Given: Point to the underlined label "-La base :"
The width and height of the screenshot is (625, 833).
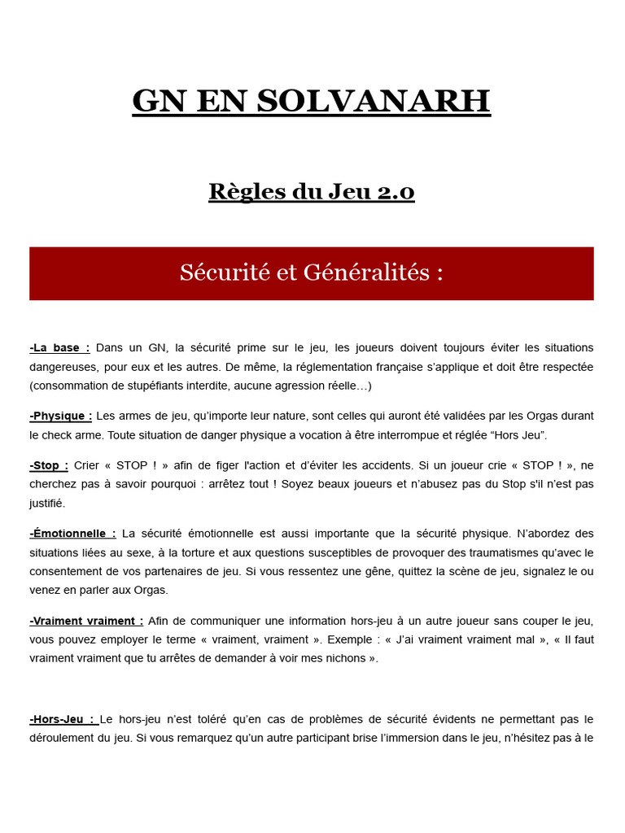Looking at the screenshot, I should coord(59,347).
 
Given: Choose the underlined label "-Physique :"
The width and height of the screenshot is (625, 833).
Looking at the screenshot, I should coord(61,416).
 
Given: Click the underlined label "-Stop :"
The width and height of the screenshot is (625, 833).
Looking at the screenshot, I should coord(49,464).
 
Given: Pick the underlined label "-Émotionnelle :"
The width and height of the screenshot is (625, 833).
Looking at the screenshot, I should coord(72,534).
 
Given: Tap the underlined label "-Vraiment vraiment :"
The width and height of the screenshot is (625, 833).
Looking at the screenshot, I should coord(86,620).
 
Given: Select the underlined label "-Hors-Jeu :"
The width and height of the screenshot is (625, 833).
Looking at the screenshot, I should coord(63,719).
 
